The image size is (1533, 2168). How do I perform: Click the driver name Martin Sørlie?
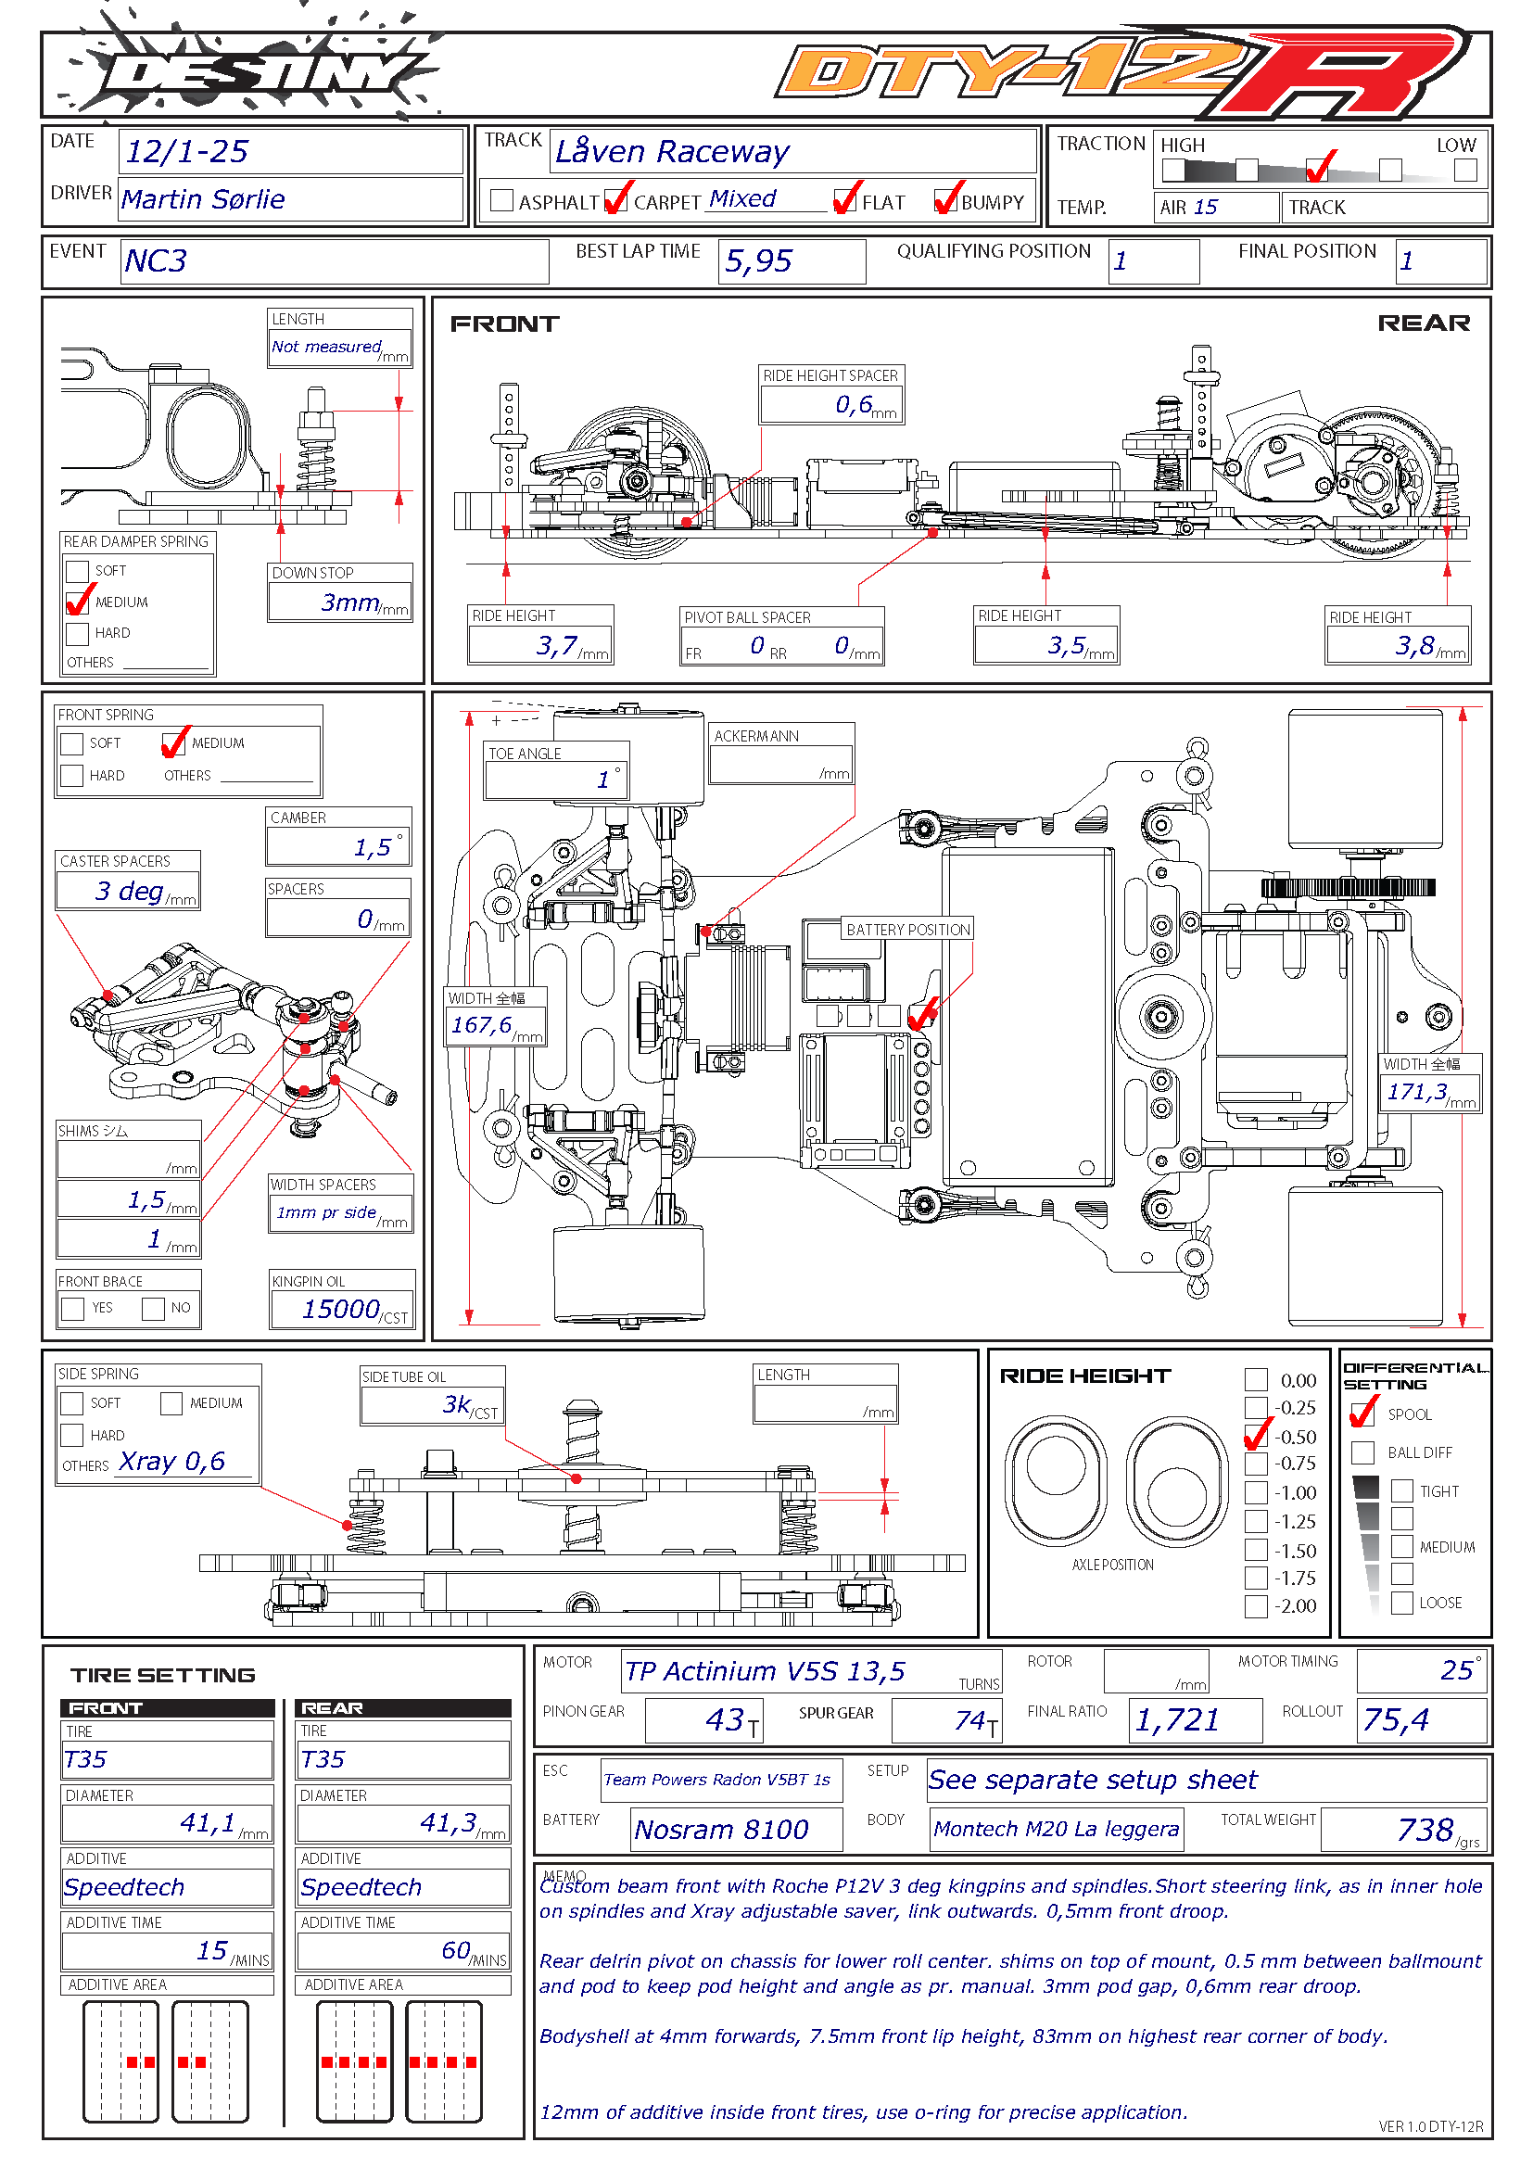[x=203, y=199]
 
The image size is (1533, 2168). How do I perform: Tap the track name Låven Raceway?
[x=672, y=151]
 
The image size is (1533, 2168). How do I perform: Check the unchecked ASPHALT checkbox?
[x=502, y=200]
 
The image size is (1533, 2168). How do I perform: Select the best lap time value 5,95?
[x=758, y=261]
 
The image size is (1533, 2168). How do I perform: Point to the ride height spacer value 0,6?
[x=854, y=405]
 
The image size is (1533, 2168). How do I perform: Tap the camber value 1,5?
[x=372, y=848]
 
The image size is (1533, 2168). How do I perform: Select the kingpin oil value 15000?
[x=340, y=1309]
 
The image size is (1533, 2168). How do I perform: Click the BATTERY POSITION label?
[x=907, y=930]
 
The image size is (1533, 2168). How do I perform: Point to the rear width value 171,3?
[x=1416, y=1093]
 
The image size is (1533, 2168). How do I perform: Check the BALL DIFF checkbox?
[x=1362, y=1452]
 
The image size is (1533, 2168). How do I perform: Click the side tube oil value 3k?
[x=457, y=1405]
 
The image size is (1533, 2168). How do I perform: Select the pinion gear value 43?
[x=725, y=1720]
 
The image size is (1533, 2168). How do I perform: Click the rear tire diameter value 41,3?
[x=449, y=1822]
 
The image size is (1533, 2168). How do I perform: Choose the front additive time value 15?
[x=212, y=1950]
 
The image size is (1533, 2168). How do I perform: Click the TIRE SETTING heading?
[x=162, y=1675]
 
